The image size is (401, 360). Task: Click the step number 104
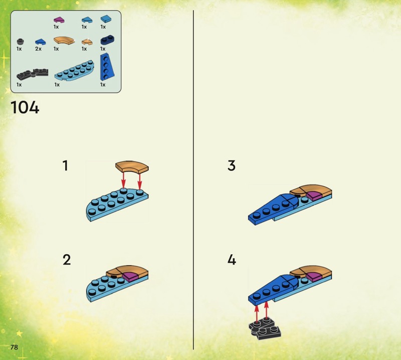click(25, 107)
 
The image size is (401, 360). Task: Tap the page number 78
click(14, 347)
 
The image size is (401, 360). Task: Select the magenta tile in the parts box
click(59, 20)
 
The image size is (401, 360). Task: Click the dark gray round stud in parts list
click(20, 42)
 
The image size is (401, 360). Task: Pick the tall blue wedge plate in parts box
click(107, 67)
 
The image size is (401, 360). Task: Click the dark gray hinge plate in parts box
click(33, 74)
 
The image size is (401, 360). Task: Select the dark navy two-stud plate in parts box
click(107, 40)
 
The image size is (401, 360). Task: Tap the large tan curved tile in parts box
click(64, 41)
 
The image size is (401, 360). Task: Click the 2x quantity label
click(38, 49)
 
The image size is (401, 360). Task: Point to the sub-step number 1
click(66, 165)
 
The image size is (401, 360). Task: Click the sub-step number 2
click(67, 260)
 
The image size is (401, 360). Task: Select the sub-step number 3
click(232, 165)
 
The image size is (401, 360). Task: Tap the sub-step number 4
click(232, 260)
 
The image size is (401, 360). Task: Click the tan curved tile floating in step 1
click(132, 166)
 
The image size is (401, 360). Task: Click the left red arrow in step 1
click(123, 180)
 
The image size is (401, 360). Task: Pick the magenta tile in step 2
click(130, 277)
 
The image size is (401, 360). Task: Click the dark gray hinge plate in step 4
click(265, 328)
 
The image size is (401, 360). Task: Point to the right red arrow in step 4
click(266, 311)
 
